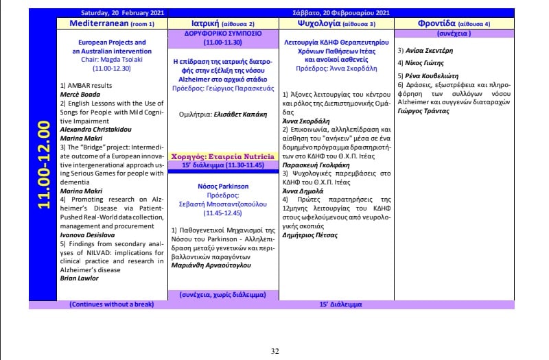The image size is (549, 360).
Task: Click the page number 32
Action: pos(274,351)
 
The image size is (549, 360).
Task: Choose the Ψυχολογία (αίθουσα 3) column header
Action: pos(336,23)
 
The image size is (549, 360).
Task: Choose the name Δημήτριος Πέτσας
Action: pos(309,235)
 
